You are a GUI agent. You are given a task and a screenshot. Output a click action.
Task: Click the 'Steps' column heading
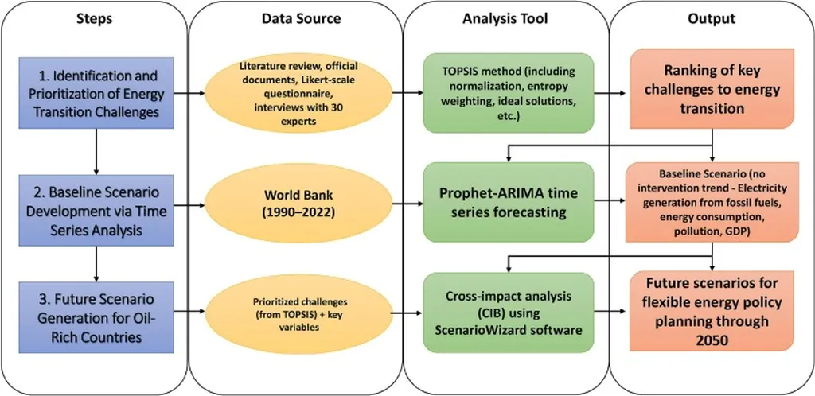coord(95,18)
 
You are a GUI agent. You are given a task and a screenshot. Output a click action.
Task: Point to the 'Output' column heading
coord(712,18)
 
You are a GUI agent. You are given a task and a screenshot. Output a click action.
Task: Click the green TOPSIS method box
coord(509,93)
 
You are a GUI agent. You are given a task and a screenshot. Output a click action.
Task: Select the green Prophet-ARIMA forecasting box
coord(509,202)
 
